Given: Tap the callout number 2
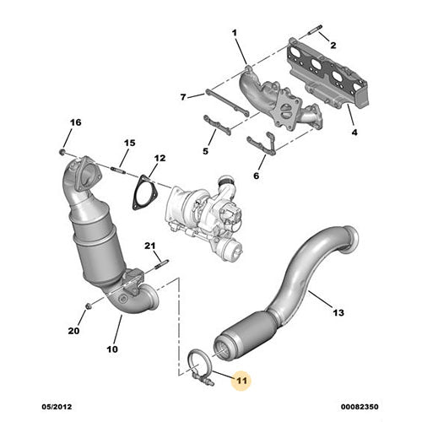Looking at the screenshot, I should [x=332, y=44].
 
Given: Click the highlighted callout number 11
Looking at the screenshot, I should [x=241, y=381].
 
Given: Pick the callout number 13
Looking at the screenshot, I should [x=338, y=313].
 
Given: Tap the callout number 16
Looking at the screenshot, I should [x=75, y=123].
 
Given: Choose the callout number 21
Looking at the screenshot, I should [x=150, y=246].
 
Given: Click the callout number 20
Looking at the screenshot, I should [x=73, y=331].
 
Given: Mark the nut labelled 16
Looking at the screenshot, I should [x=64, y=152].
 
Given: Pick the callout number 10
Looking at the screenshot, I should [x=112, y=349].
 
